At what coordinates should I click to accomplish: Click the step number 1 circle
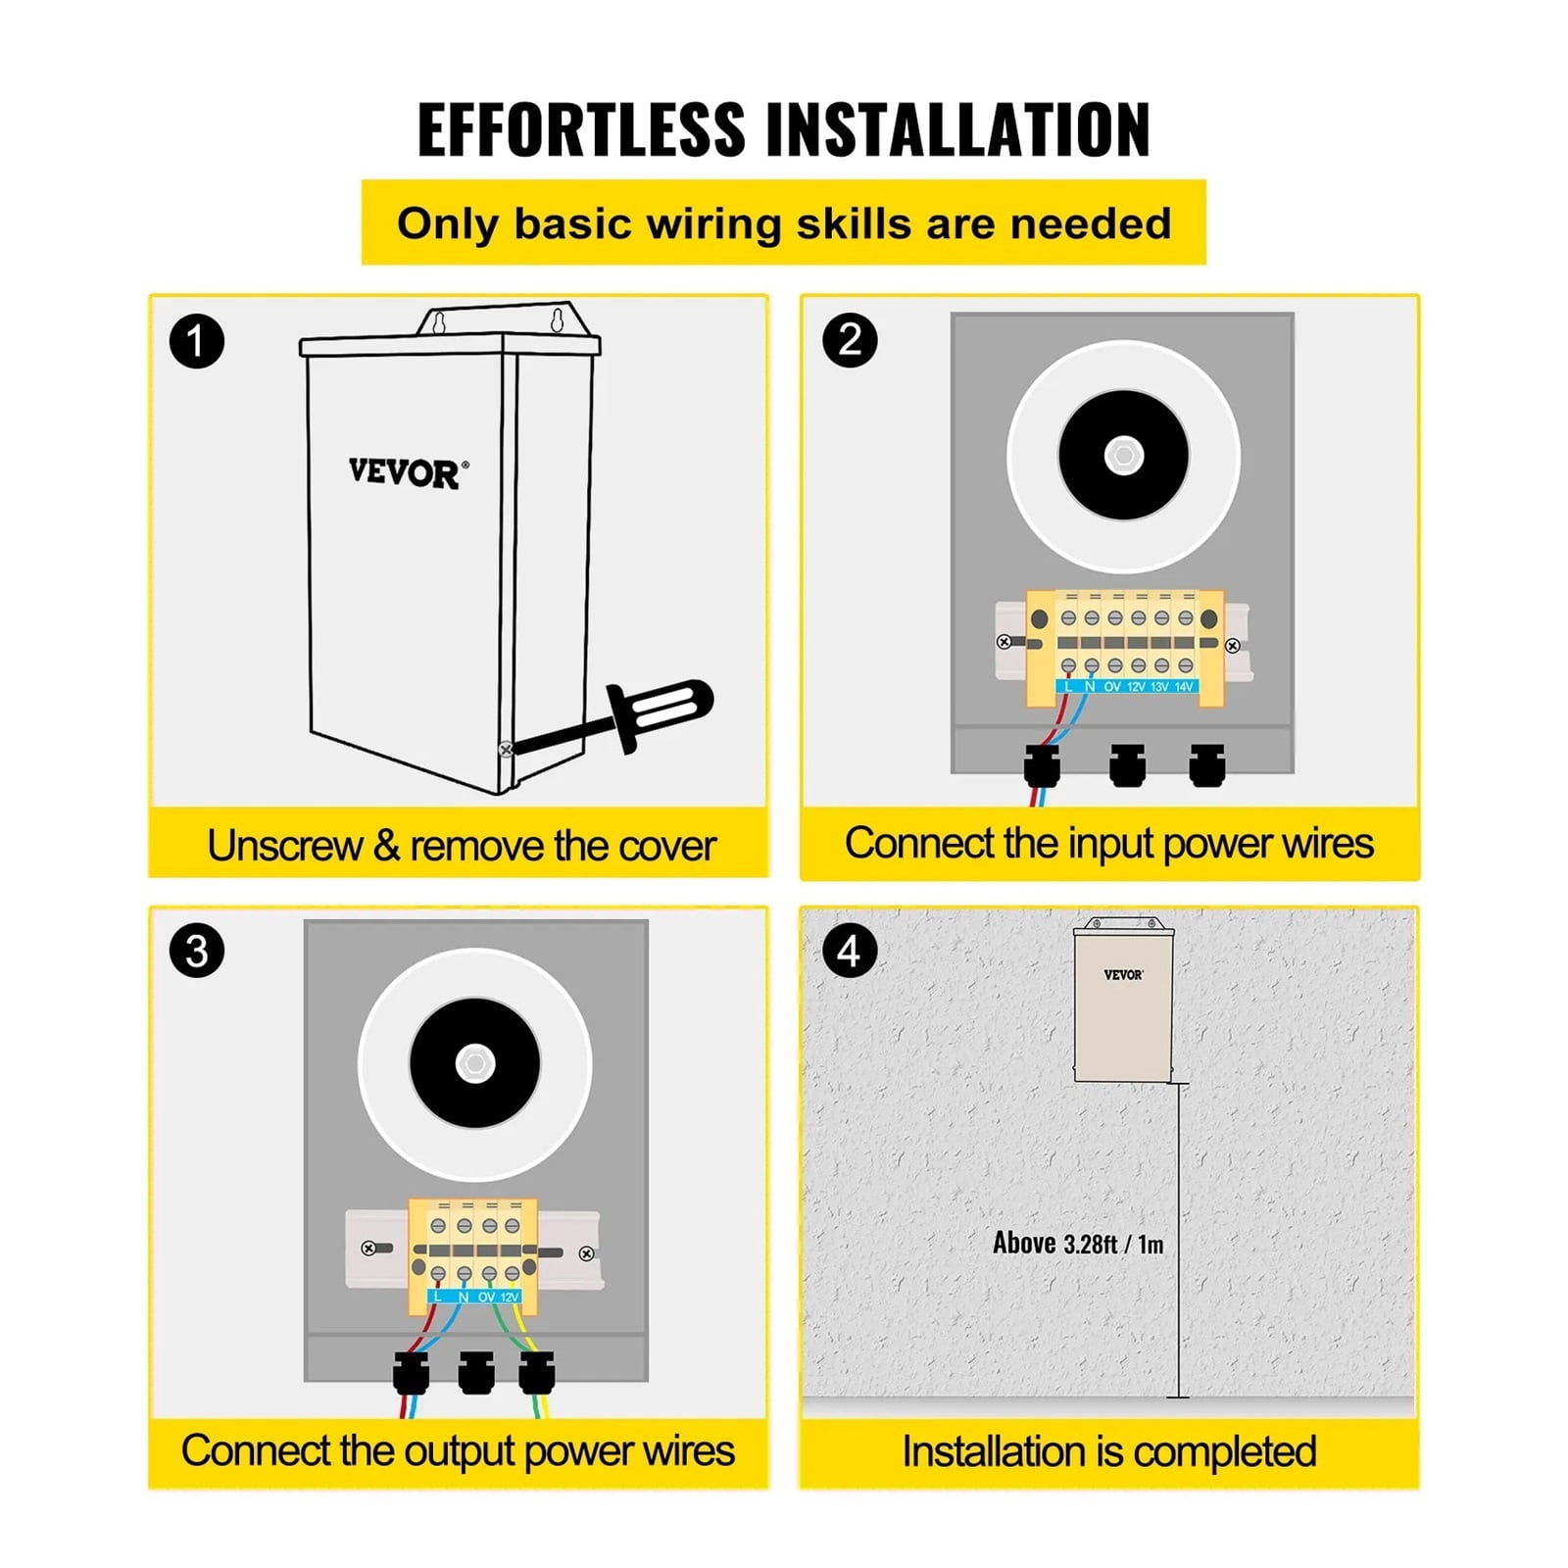point(197,341)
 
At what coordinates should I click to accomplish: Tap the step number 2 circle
point(850,340)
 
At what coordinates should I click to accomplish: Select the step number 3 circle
point(197,951)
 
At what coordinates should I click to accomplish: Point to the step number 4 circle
point(850,951)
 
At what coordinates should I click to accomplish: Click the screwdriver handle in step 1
point(661,713)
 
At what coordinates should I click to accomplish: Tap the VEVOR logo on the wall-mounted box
point(1123,974)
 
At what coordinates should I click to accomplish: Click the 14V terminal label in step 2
point(1184,687)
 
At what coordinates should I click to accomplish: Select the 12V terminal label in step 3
point(510,1297)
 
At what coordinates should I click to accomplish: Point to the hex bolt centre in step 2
point(1123,456)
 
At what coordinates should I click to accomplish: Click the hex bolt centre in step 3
point(474,1064)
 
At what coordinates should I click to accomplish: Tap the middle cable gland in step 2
point(1127,764)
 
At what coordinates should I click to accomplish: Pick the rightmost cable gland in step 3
point(536,1372)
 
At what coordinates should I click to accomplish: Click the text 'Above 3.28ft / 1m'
point(1078,1244)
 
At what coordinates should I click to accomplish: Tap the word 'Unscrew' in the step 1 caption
point(284,846)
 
